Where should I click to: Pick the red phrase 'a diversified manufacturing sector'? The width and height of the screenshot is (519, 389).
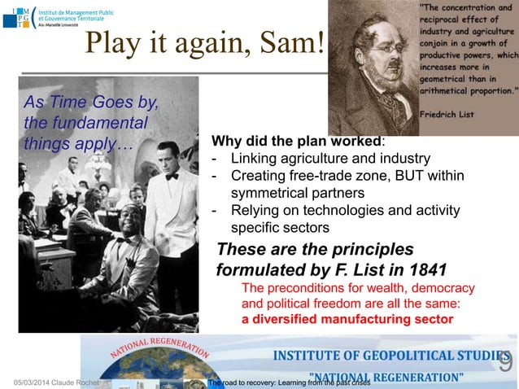pos(347,319)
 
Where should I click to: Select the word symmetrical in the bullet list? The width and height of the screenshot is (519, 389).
pos(271,194)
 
